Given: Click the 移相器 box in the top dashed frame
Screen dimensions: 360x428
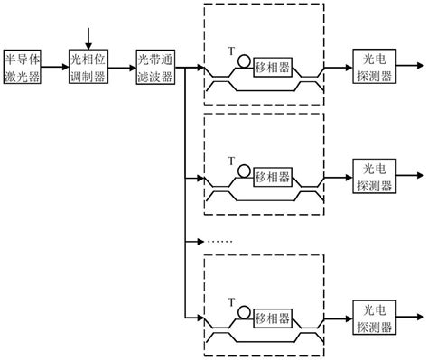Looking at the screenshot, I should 274,69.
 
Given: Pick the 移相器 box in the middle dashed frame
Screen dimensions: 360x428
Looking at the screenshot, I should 274,176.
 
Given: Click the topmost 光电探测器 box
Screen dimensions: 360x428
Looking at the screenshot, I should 373,68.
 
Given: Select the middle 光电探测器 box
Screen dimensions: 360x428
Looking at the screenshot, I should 373,176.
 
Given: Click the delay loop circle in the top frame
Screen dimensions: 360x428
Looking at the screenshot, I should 244,61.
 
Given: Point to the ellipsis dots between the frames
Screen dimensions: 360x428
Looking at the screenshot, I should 220,243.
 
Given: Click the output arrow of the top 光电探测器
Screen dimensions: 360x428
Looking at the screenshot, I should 409,68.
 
